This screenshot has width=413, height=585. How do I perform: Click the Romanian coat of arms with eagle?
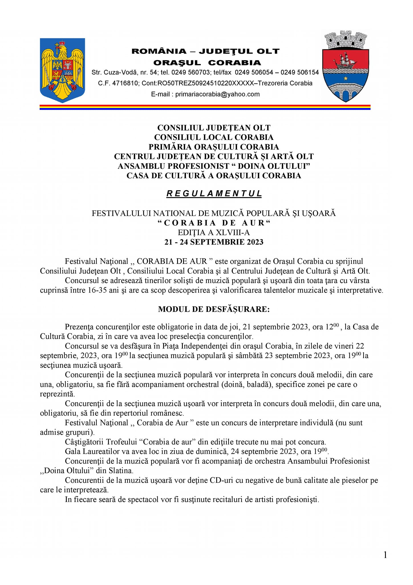click(62, 70)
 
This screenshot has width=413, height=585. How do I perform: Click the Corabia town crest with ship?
click(346, 66)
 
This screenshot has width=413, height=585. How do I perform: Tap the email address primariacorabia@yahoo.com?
click(217, 94)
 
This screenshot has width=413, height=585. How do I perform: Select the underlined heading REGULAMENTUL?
click(214, 194)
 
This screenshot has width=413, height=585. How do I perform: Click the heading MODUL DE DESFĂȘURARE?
click(214, 309)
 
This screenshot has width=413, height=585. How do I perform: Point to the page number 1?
click(385, 555)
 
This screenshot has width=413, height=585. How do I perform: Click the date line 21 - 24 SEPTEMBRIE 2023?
click(214, 242)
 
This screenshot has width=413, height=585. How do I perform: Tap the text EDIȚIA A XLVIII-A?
click(214, 233)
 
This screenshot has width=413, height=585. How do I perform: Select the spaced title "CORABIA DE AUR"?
click(214, 223)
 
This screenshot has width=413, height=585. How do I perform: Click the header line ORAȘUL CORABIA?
click(207, 63)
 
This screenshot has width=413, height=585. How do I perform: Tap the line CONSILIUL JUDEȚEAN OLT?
click(214, 128)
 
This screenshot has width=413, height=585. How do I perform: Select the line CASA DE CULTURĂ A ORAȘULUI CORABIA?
click(214, 176)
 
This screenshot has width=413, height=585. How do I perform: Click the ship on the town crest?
click(345, 61)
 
